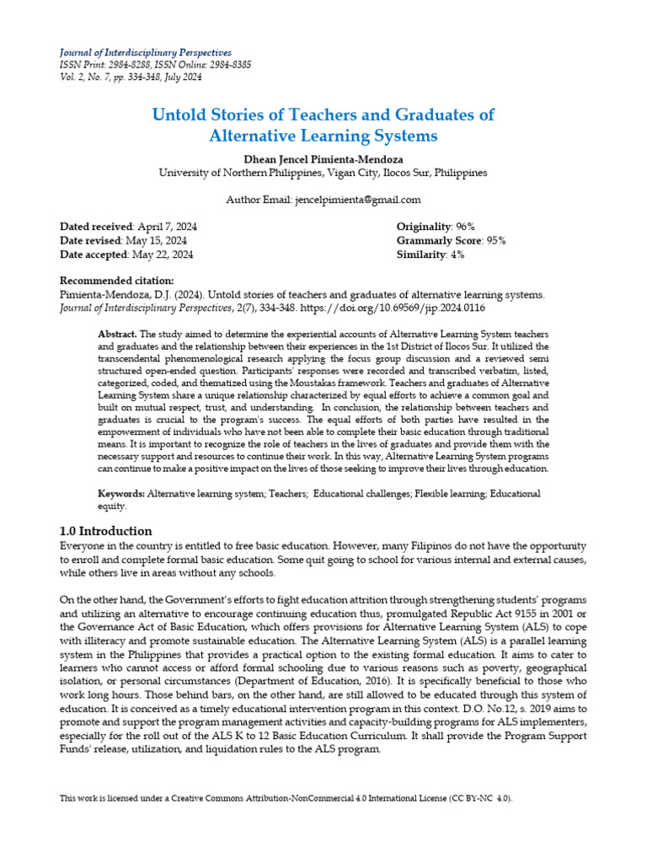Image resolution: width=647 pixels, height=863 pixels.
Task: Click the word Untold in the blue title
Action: click(x=180, y=115)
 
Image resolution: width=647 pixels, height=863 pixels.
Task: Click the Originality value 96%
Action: click(x=465, y=227)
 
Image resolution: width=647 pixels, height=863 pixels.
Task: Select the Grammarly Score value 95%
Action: click(x=495, y=240)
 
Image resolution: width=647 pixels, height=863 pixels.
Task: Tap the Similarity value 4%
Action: click(x=457, y=254)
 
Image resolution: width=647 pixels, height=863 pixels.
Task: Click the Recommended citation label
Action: click(x=117, y=281)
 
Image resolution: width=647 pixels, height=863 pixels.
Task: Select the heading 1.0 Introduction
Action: click(x=105, y=531)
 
